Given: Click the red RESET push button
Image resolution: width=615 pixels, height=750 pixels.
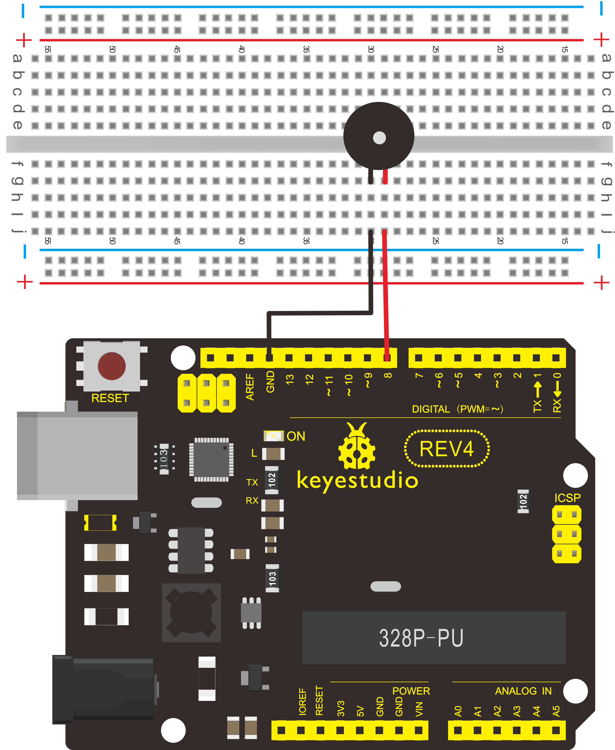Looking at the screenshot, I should pyautogui.click(x=112, y=366).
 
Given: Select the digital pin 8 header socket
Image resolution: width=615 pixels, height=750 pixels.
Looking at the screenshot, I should pyautogui.click(x=387, y=358).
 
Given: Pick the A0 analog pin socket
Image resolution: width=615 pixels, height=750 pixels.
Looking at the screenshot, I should pyautogui.click(x=458, y=730).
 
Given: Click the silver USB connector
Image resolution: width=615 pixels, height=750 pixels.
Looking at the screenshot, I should pyautogui.click(x=77, y=456).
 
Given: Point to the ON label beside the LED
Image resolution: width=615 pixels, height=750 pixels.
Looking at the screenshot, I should pyautogui.click(x=296, y=436).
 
